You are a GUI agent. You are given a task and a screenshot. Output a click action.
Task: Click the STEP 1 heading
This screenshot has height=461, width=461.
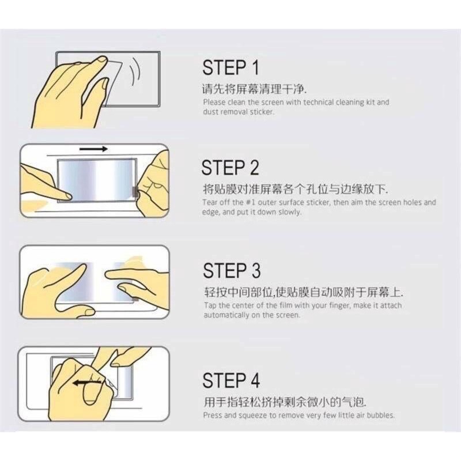231,67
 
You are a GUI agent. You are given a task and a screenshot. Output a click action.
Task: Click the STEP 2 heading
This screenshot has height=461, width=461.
230,168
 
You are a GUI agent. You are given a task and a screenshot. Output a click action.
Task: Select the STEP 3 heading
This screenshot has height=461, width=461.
232,270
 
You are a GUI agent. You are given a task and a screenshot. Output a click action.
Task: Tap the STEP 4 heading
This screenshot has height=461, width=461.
231,380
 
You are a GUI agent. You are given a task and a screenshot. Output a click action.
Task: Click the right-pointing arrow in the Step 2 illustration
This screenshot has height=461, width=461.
93,149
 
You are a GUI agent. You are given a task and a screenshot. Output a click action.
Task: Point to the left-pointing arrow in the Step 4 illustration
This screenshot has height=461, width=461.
87,383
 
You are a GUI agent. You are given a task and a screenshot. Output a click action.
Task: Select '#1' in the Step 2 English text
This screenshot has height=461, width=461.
251,202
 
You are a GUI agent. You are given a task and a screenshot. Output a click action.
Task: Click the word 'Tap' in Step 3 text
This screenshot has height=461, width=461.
210,305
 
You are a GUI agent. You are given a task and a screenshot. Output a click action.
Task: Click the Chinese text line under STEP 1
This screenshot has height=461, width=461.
254,89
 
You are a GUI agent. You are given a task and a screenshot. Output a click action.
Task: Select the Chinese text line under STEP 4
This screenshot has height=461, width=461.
285,402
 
